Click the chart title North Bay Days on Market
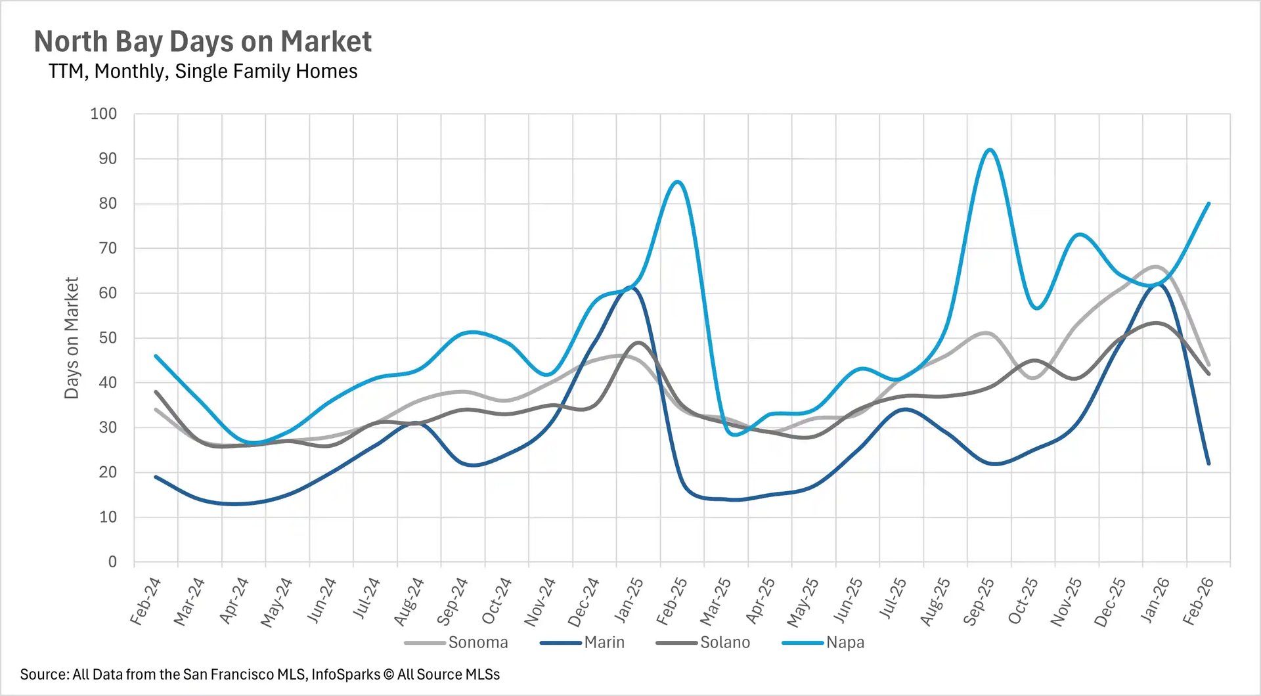tap(202, 41)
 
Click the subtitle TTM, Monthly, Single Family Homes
tap(202, 71)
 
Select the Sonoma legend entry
tap(477, 642)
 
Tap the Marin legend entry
tap(604, 642)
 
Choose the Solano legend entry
tap(724, 642)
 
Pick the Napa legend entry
tap(845, 642)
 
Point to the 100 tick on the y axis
tap(103, 114)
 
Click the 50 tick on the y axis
tap(108, 337)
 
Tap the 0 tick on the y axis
tap(112, 561)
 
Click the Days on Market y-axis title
tap(72, 337)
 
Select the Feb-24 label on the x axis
tap(146, 601)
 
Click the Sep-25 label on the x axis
tap(979, 601)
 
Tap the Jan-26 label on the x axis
tap(1155, 601)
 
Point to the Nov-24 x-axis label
tap(540, 601)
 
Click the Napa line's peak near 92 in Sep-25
tap(990, 150)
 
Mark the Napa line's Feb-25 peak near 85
tap(678, 182)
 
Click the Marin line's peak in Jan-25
tap(632, 287)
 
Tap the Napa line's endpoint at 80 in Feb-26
tap(1208, 204)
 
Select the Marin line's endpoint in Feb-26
tap(1208, 464)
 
